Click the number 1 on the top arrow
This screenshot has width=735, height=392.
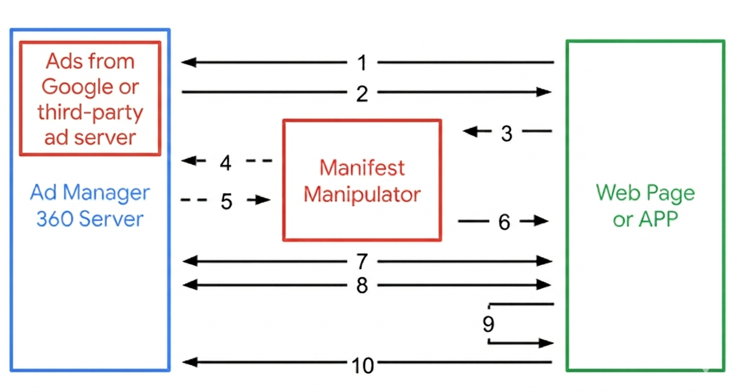362,63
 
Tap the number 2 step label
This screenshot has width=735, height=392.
362,94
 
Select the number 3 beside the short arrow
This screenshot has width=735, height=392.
506,133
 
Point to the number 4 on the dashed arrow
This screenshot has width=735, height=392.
226,163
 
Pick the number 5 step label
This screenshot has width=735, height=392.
226,201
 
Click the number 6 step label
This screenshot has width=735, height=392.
504,223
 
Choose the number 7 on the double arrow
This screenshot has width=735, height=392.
362,261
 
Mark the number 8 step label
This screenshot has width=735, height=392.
362,285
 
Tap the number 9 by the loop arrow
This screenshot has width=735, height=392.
488,324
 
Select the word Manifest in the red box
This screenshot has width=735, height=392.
362,168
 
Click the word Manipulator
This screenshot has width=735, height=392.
362,194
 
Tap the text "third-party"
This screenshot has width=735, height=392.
90,112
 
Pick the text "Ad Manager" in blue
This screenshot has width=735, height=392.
90,193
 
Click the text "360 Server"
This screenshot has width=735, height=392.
90,219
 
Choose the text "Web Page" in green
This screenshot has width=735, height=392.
645,193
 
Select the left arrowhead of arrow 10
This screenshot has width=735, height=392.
188,362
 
